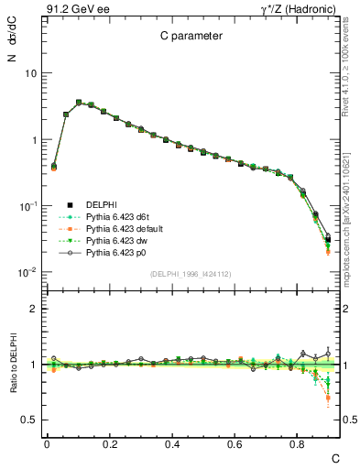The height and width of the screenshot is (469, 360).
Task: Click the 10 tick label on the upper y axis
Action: pos(31,73)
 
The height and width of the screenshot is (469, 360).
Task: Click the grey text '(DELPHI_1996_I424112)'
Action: pos(190,274)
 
